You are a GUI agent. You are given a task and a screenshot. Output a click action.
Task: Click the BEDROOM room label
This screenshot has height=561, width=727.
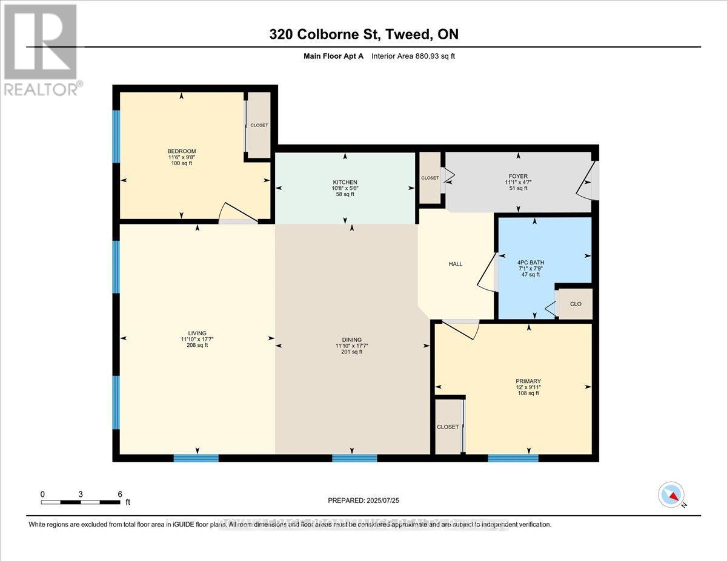coord(182,151)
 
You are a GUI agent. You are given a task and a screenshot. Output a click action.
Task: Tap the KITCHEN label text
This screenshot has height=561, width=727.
coord(345,182)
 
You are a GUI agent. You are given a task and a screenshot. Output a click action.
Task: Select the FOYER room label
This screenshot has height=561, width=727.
coord(518,176)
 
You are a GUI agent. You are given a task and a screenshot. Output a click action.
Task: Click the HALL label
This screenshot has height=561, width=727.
coord(456,264)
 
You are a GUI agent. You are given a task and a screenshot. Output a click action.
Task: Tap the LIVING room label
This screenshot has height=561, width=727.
coord(197,333)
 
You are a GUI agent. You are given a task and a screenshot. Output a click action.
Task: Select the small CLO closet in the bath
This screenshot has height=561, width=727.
coord(575,304)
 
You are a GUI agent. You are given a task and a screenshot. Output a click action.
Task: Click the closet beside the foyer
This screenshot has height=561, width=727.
coord(430,178)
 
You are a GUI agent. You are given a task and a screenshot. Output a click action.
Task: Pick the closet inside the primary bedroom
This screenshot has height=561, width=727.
coord(448,427)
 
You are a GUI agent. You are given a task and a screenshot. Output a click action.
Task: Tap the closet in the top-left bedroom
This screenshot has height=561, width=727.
coord(259,125)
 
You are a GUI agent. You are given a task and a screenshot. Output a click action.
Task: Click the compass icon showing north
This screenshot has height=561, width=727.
coord(671,494)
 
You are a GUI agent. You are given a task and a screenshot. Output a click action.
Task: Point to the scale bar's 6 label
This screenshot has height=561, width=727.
coord(119,494)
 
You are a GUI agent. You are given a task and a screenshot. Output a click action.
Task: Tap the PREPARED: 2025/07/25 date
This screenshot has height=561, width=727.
coord(363,500)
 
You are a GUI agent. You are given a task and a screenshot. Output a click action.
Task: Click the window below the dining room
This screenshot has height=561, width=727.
coord(354,458)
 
